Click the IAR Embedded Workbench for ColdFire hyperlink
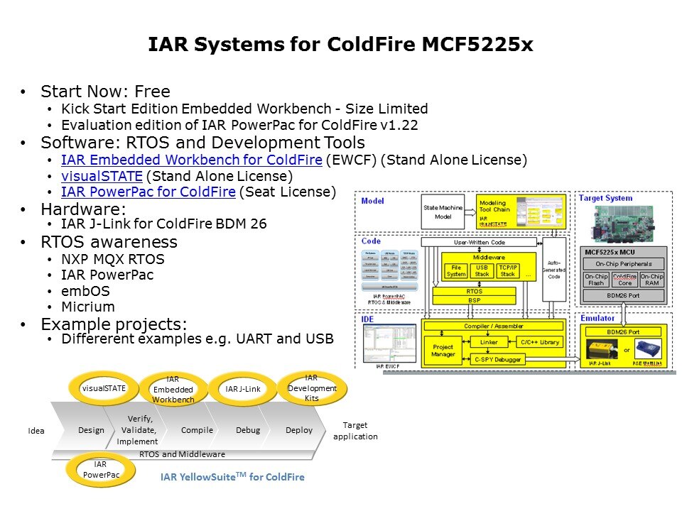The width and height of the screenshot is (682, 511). pos(192,160)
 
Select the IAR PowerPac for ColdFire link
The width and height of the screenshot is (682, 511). pos(148,191)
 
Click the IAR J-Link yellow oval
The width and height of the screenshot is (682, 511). pos(243,388)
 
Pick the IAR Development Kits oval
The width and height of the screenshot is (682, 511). pos(311,388)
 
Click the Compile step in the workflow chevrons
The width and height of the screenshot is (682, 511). pos(197,430)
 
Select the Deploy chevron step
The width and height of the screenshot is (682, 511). pos(299,430)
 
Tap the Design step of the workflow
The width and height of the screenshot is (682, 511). pos(91,430)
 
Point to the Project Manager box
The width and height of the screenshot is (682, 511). pos(443,350)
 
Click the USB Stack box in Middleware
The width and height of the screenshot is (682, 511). pos(482,270)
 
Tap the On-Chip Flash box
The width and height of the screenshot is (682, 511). pos(596,280)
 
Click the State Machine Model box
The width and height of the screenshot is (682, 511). pos(443,211)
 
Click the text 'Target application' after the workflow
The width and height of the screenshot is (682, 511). pos(355,431)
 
